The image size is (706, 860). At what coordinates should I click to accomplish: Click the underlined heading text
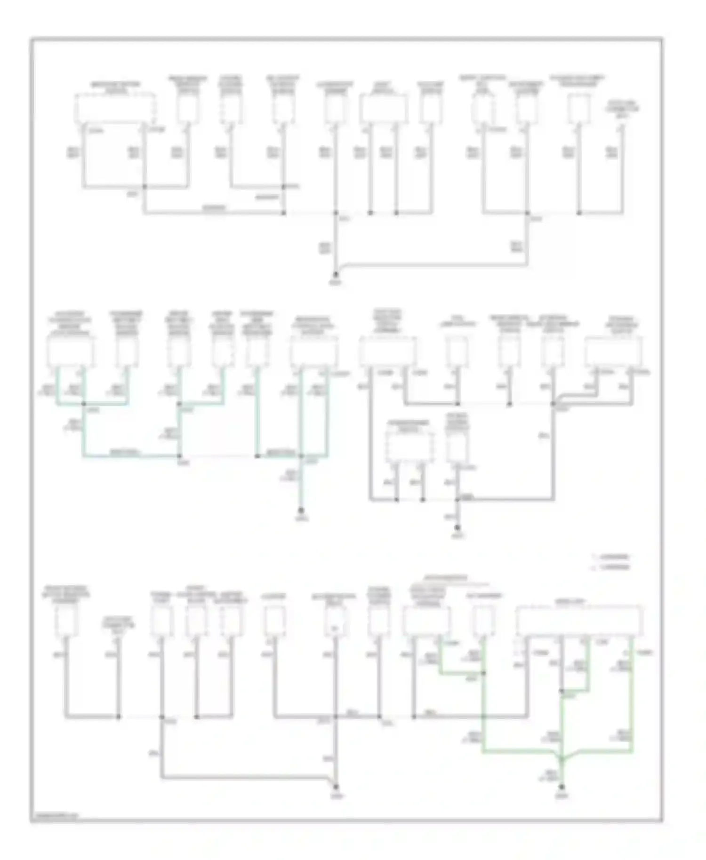pos(445,577)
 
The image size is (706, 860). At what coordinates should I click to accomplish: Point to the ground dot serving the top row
pos(336,274)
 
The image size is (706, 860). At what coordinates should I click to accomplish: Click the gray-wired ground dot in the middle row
pos(457,527)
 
